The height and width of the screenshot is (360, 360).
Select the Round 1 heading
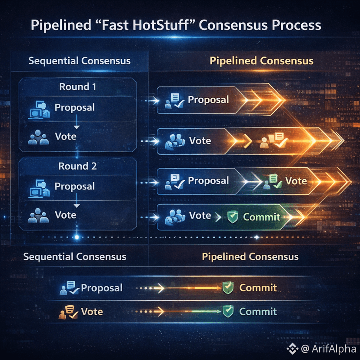(x=77, y=87)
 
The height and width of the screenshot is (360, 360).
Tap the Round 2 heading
(x=77, y=166)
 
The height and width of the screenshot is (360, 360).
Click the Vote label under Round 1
(x=66, y=137)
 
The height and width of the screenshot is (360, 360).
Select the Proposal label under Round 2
(x=74, y=186)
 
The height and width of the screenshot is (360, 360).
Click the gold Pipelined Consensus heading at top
(x=261, y=60)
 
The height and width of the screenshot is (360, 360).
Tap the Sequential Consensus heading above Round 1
(x=79, y=60)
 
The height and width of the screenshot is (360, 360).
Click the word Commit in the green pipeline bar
(x=262, y=217)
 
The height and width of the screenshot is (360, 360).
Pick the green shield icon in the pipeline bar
(x=233, y=217)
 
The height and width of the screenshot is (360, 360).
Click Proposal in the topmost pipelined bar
(x=208, y=100)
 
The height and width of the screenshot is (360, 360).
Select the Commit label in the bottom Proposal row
(x=258, y=287)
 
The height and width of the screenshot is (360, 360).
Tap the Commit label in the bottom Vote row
(x=258, y=311)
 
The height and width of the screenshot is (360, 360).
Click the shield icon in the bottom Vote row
(x=228, y=311)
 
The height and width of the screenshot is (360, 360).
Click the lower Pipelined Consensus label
(x=250, y=257)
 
